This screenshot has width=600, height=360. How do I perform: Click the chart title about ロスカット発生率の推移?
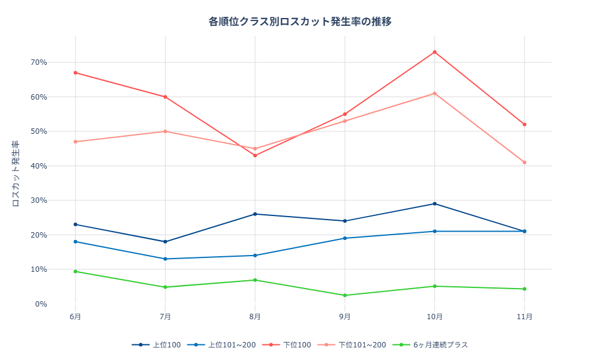(300, 22)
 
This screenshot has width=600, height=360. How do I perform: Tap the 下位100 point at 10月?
(435, 52)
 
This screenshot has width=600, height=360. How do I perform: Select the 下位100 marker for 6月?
(76, 73)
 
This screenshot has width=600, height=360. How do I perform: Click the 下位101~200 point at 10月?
(435, 94)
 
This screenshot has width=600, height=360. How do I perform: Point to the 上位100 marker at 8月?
(255, 214)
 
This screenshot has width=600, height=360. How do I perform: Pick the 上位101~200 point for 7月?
(165, 259)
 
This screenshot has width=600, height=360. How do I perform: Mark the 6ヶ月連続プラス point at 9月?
(345, 295)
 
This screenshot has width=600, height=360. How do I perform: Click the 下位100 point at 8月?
(255, 155)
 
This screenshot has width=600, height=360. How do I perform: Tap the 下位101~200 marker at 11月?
(524, 163)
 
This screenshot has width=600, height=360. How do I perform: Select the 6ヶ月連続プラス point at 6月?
(76, 272)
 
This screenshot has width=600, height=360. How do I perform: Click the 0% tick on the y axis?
(41, 304)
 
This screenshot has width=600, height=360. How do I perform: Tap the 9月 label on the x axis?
(345, 316)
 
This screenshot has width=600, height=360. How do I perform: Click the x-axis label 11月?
(524, 316)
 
